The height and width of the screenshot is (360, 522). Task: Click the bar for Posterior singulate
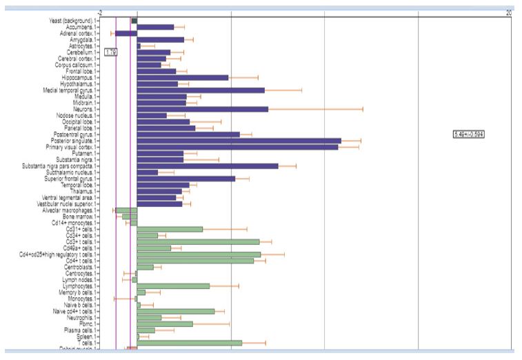(239, 141)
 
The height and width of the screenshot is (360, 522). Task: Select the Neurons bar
(202, 109)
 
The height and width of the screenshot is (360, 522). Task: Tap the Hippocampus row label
(80, 77)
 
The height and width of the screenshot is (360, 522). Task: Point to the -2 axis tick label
(101, 12)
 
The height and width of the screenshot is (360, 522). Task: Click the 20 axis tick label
(508, 12)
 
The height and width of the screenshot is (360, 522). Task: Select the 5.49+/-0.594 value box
(468, 134)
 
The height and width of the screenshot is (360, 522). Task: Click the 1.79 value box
(110, 52)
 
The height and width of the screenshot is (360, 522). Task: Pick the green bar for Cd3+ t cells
(198, 241)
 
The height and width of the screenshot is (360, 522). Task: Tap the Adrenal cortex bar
(126, 33)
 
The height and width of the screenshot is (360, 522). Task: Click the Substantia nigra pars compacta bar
(207, 166)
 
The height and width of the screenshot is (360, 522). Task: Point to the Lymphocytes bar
(173, 286)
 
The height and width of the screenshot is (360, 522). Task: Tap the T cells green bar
(189, 343)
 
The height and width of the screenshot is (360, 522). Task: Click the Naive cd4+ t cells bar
(176, 311)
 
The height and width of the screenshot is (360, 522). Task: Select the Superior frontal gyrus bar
(185, 179)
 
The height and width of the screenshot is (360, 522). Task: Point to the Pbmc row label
(88, 323)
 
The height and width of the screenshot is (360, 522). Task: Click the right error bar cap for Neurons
(363, 109)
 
